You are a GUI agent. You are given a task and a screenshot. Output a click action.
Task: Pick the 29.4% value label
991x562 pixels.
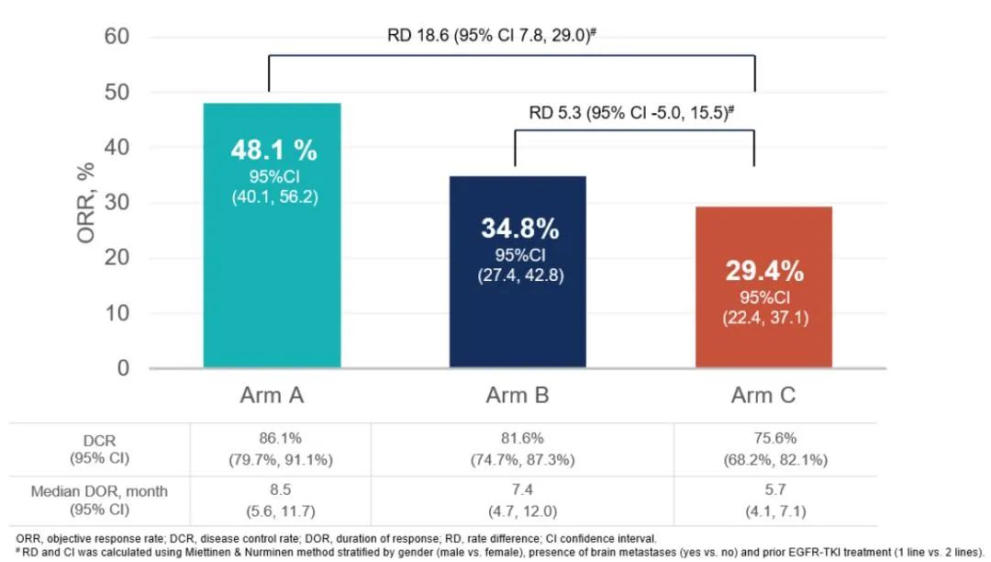(764, 272)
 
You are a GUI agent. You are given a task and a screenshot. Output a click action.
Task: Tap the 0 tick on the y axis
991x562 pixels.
(122, 368)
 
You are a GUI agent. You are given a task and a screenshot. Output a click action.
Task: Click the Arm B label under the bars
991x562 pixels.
(518, 397)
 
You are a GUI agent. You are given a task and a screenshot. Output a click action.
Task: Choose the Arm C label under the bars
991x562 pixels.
(763, 397)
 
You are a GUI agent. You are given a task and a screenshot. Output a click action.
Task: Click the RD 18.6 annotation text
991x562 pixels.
(493, 37)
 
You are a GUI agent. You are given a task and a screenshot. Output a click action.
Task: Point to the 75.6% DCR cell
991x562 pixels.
(775, 439)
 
